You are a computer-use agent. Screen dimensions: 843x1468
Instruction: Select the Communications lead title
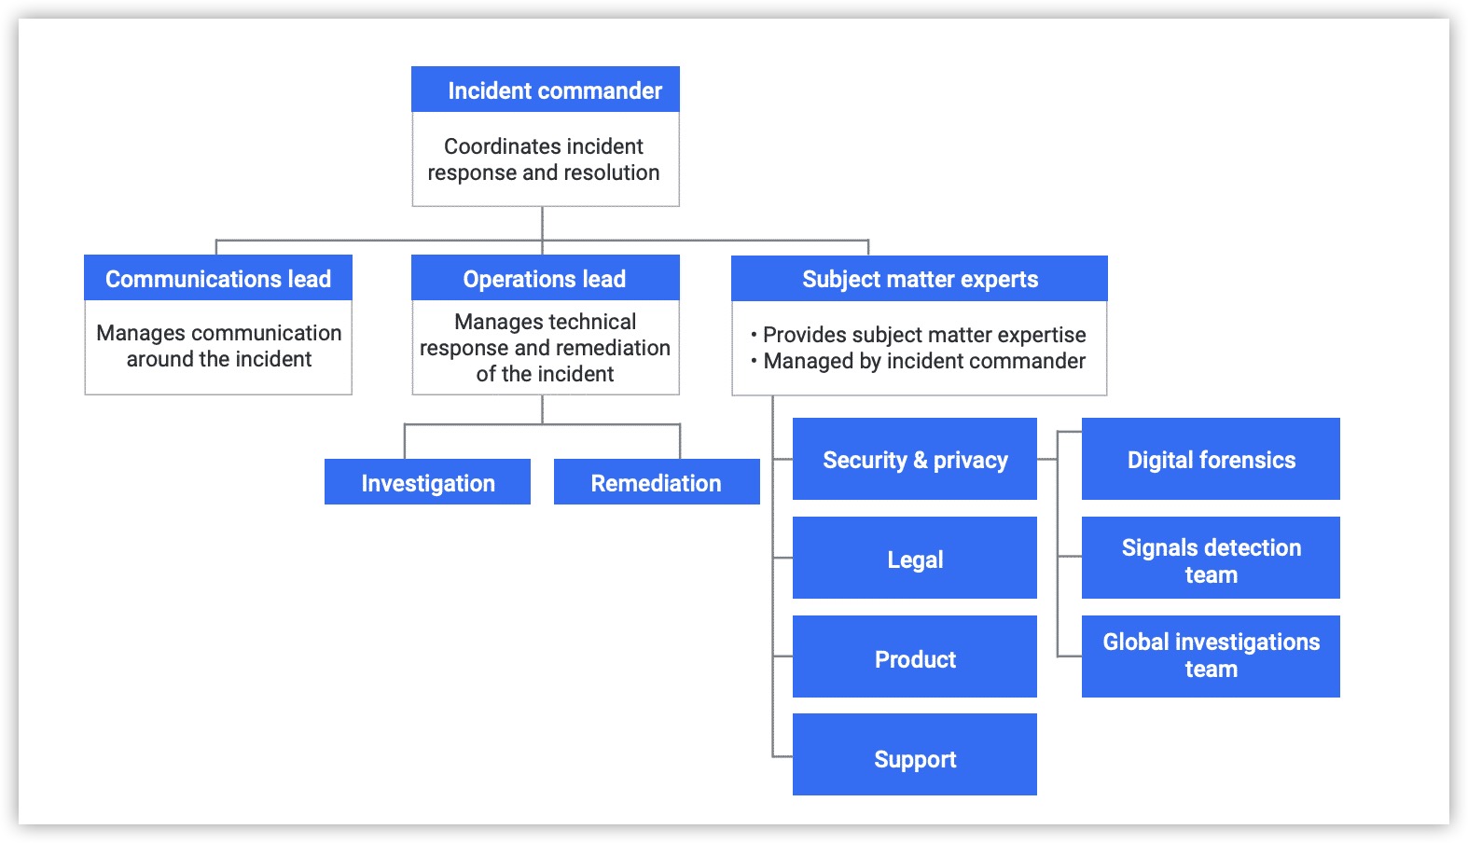pos(218,279)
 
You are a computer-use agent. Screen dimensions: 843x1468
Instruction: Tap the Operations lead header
pos(545,279)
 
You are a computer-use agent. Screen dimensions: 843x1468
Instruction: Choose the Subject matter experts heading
pos(920,279)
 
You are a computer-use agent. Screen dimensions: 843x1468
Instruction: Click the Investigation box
pos(427,482)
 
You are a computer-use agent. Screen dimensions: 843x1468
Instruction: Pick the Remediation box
pos(657,482)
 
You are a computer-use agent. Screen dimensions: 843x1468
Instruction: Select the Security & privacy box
pos(914,459)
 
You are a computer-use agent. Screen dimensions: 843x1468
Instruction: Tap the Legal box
pos(914,559)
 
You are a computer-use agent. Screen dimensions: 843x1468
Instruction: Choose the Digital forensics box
pos(1211,459)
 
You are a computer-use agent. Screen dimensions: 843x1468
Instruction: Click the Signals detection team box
pos(1211,559)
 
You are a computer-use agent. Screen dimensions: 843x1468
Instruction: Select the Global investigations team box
pos(1211,656)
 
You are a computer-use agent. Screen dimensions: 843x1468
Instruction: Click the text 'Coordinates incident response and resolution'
pos(544,159)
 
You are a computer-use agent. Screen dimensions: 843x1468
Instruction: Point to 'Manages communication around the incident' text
pos(218,346)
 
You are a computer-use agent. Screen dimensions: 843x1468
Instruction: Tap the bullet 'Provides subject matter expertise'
pos(923,335)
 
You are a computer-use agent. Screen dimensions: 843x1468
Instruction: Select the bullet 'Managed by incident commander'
pos(923,361)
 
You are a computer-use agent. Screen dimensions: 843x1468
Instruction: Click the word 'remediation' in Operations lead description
pos(613,348)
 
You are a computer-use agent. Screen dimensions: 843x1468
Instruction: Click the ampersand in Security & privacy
pos(920,460)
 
